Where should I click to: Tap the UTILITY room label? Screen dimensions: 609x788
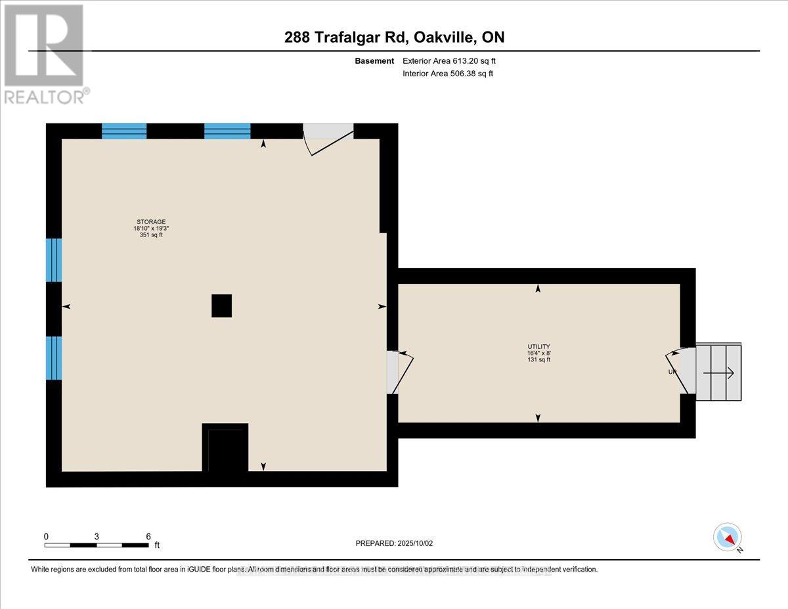click(538, 346)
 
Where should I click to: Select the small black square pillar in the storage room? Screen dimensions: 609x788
click(221, 305)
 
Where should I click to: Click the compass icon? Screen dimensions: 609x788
click(728, 537)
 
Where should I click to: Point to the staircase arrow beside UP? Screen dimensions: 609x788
click(718, 373)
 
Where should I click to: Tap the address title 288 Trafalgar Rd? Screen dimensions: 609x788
click(394, 37)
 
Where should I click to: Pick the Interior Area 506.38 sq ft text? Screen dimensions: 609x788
click(448, 74)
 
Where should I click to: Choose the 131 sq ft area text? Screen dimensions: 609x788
click(538, 359)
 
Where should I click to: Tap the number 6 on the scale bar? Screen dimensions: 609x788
click(148, 536)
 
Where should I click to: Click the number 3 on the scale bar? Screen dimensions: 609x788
click(97, 536)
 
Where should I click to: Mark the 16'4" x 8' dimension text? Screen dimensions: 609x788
click(538, 353)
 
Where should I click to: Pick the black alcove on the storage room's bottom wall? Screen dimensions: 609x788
click(225, 448)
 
